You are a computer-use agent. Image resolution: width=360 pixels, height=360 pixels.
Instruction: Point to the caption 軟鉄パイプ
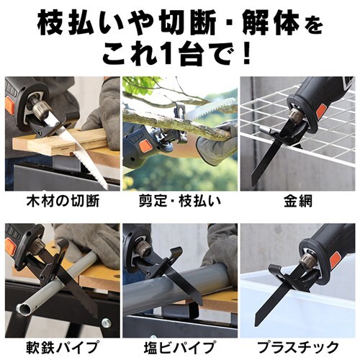pos(60,346)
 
